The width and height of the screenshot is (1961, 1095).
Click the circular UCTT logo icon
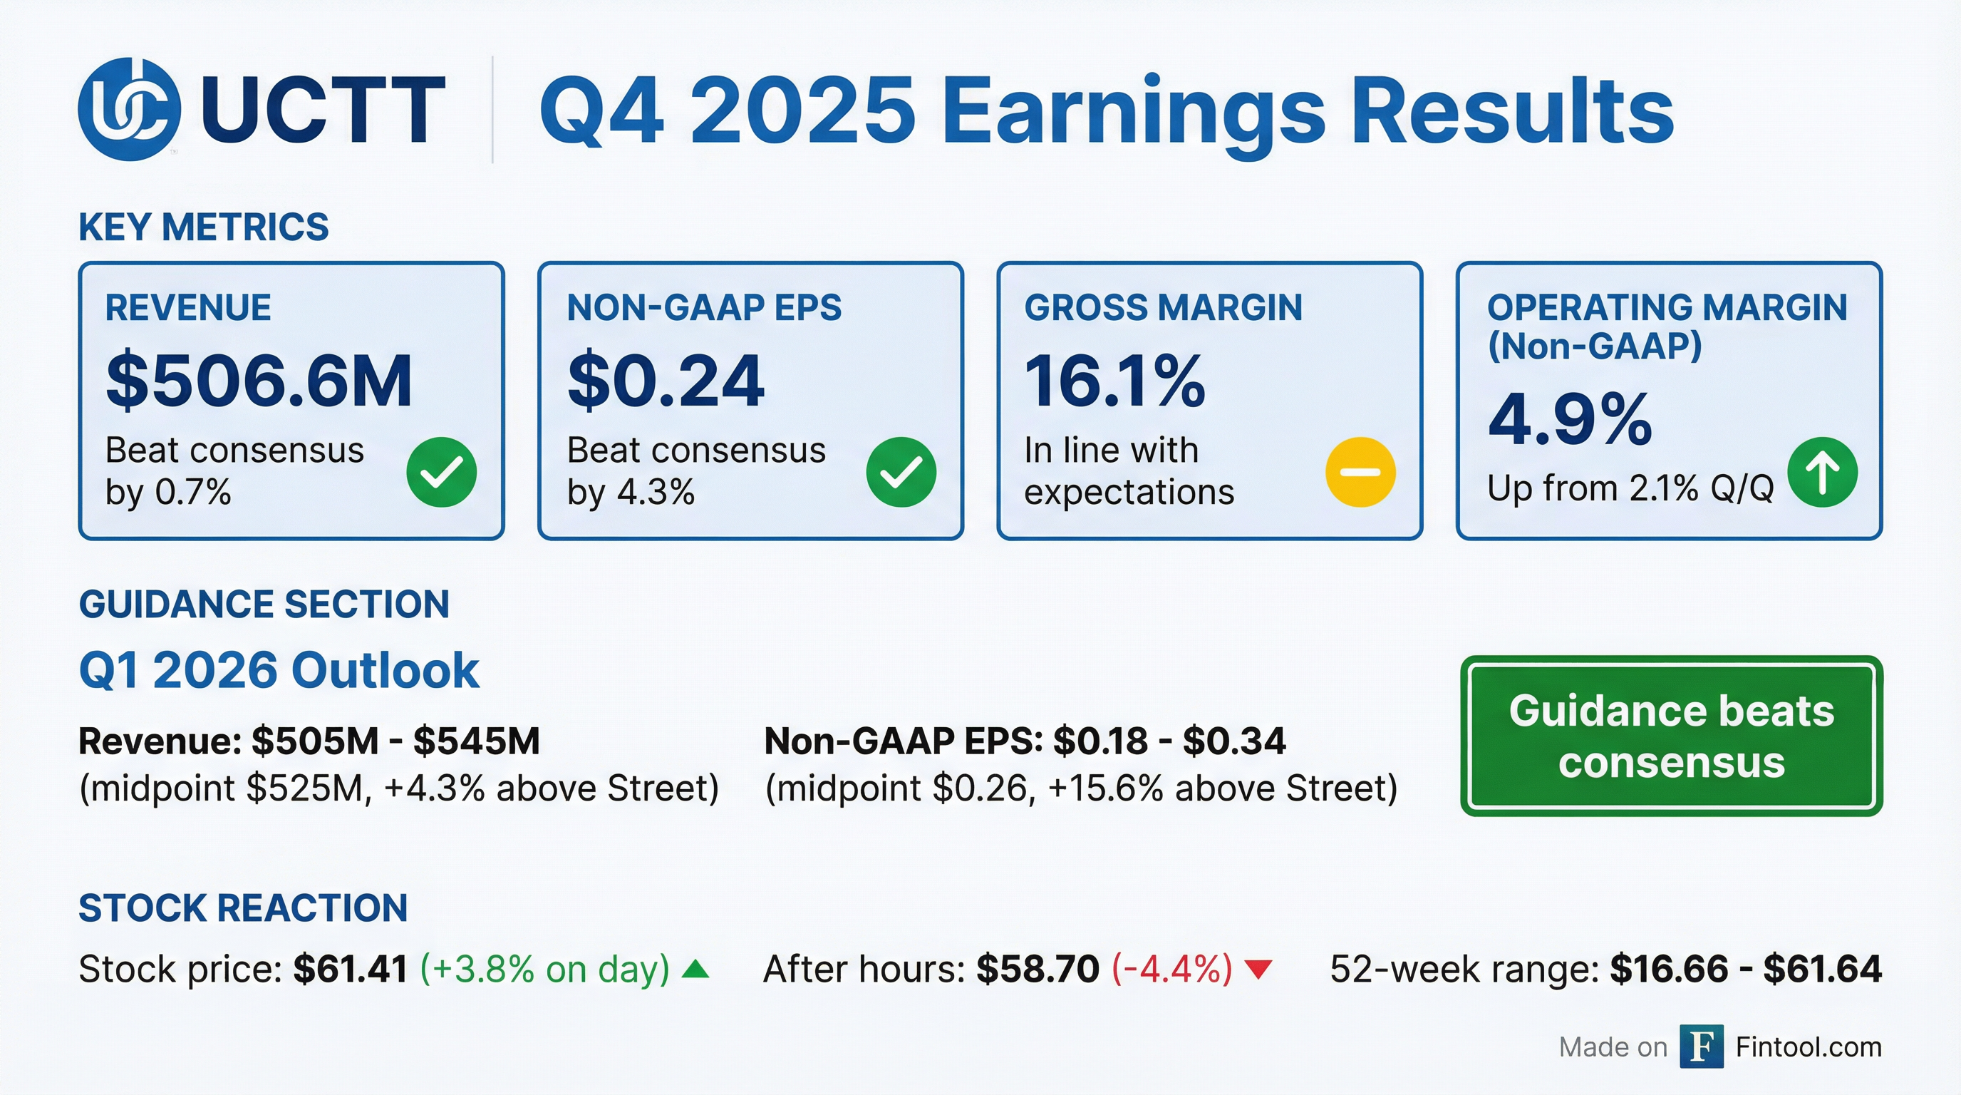click(129, 109)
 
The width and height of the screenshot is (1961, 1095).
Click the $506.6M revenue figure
click(259, 381)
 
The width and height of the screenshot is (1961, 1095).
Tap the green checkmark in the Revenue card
click(442, 472)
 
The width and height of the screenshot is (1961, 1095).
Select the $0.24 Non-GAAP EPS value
click(666, 381)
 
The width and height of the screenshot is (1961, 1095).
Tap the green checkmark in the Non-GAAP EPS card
click(901, 472)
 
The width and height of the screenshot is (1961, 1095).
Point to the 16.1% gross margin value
click(1115, 381)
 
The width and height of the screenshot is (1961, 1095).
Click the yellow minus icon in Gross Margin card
click(1360, 472)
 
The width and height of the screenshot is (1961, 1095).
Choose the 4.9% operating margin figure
click(1571, 418)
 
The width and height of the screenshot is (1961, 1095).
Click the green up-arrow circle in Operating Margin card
click(1823, 472)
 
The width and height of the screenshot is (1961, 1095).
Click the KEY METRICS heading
click(203, 227)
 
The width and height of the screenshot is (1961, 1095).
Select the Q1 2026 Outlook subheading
click(279, 670)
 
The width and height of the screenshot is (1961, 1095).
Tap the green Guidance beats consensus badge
click(1671, 736)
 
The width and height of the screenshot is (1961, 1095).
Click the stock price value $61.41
click(350, 970)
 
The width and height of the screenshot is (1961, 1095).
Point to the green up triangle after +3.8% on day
click(695, 970)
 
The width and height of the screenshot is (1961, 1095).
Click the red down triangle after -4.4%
click(1258, 970)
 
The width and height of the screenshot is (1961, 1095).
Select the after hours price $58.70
click(1038, 970)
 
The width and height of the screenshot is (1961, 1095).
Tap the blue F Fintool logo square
click(1702, 1047)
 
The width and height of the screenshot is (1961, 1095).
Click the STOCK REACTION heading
click(243, 908)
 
